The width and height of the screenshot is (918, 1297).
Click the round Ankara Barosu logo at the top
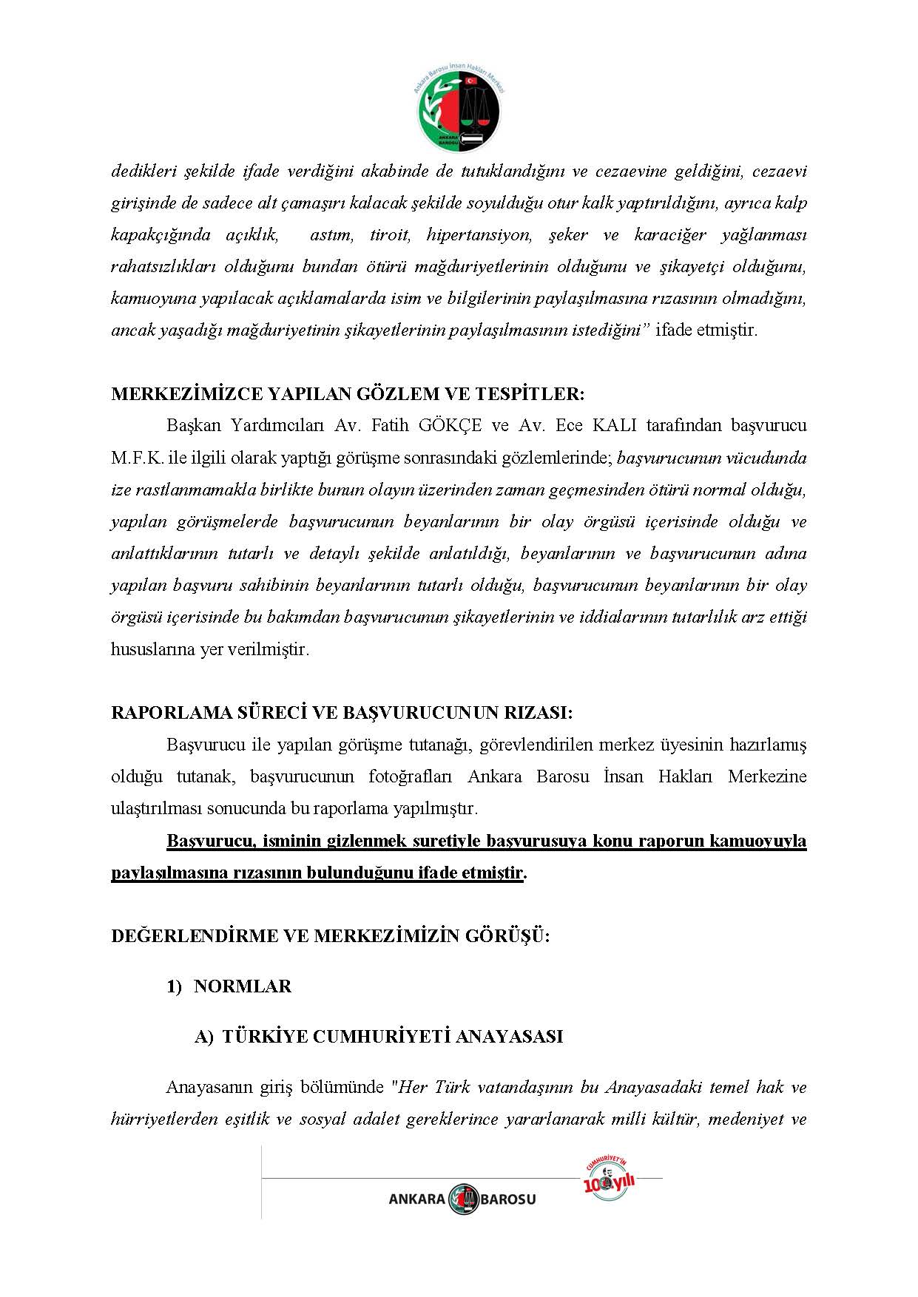tap(459, 109)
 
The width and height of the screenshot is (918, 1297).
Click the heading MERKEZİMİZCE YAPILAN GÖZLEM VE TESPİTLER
tap(348, 394)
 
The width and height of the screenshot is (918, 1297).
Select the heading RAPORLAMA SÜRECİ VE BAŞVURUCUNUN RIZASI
tap(342, 713)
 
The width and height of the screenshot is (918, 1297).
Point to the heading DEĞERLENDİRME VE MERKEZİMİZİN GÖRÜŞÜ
tap(331, 936)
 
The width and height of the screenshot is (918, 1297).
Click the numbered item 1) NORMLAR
tap(229, 986)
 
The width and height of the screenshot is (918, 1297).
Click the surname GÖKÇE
tap(450, 426)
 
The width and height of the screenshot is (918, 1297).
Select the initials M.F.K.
tap(138, 458)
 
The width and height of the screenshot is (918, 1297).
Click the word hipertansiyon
tap(479, 235)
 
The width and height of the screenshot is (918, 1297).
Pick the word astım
tap(331, 235)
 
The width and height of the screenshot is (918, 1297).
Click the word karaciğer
tap(670, 235)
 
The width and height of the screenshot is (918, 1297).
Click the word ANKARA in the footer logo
tap(417, 1199)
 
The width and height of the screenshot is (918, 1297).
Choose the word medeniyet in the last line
tap(745, 1119)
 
